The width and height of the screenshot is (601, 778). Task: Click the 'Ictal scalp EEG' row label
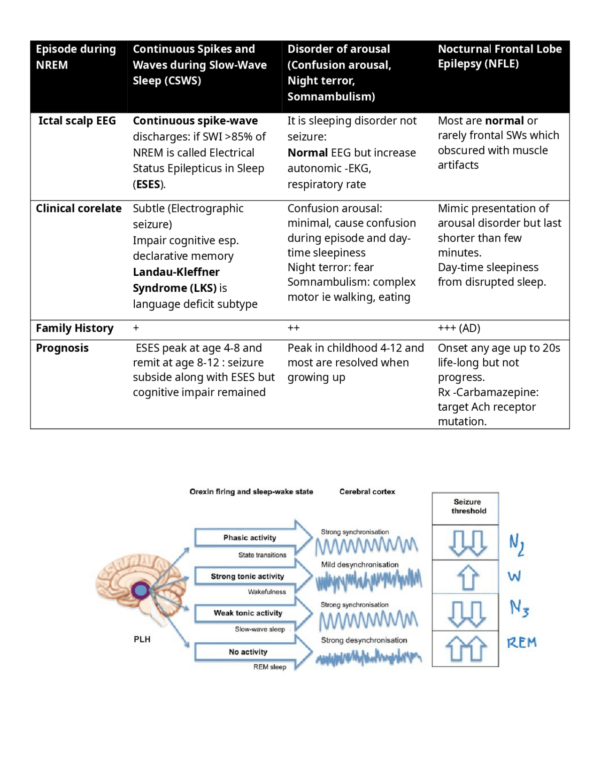[77, 121]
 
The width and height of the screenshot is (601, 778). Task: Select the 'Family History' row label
[74, 328]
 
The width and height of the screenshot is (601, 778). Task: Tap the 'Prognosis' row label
[62, 348]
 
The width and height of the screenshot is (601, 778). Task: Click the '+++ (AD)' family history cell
[459, 328]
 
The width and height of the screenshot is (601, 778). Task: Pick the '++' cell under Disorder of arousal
[293, 328]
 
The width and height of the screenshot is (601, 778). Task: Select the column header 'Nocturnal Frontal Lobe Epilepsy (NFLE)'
[500, 56]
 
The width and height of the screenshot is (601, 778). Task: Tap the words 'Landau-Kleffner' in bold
[176, 272]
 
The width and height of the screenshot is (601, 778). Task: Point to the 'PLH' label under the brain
[142, 639]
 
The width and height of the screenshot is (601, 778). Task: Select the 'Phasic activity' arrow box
[253, 537]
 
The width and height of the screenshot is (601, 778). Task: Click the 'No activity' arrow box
[253, 652]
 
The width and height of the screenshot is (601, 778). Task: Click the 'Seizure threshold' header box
[465, 508]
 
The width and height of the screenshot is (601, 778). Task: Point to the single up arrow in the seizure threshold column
[468, 577]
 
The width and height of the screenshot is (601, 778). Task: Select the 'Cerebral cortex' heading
[367, 491]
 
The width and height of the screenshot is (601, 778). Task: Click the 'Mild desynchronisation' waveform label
[360, 565]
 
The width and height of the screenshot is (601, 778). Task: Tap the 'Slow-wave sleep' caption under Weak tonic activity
[260, 629]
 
